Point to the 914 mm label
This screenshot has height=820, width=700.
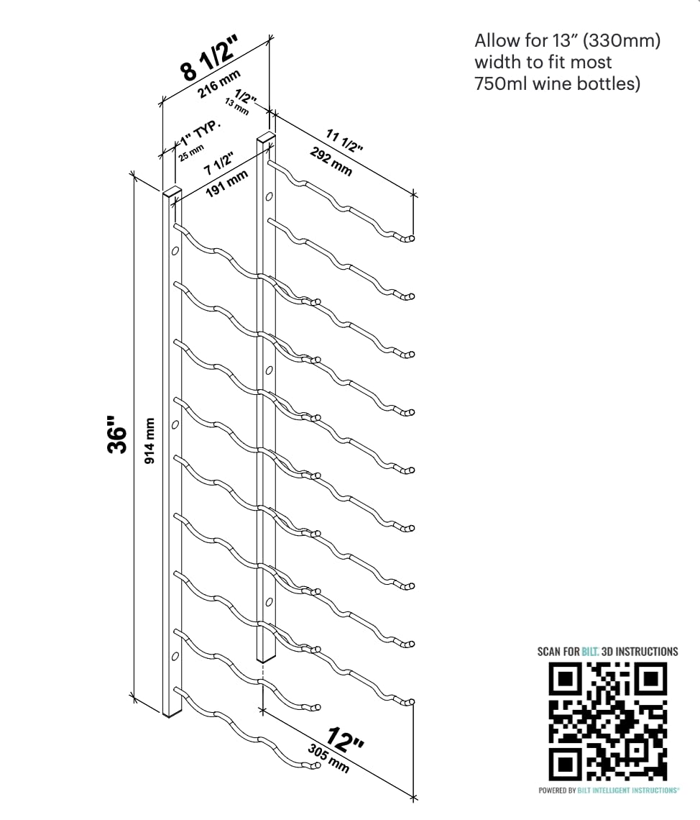pos(149,442)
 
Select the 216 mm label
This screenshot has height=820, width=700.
pos(220,86)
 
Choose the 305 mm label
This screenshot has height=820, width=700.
pos(329,758)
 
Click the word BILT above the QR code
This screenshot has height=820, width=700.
pos(591,652)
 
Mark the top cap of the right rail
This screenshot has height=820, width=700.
pos(266,136)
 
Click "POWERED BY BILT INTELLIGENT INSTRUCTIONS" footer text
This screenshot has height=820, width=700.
pos(608,791)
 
